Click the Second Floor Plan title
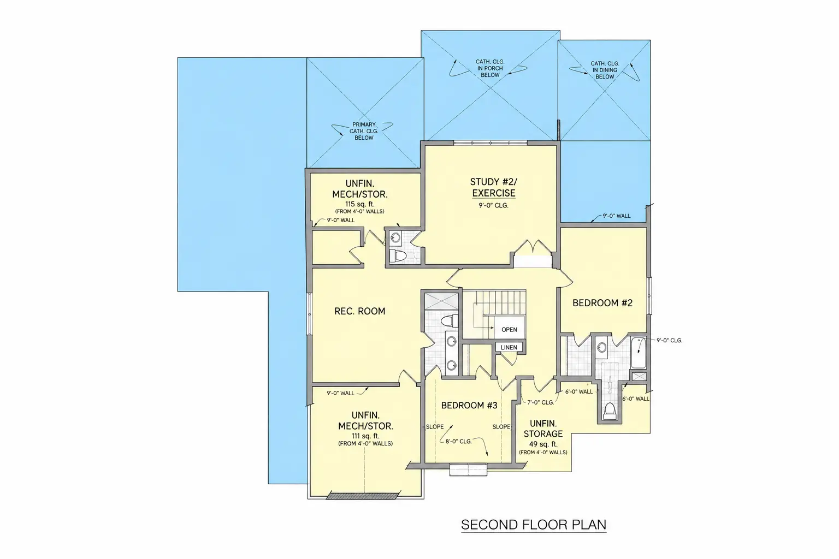[x=533, y=525]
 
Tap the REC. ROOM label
[x=359, y=311]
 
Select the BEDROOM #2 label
[x=602, y=303]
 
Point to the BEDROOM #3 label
[x=469, y=406]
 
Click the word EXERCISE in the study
[x=494, y=193]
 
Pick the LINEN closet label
[x=509, y=347]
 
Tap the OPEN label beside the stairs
[x=509, y=330]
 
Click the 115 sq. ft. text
[x=359, y=204]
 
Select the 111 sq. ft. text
[x=365, y=436]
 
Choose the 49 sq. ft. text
[x=543, y=444]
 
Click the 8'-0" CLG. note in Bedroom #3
[x=458, y=442]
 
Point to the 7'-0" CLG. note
[x=540, y=402]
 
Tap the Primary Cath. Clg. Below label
[x=364, y=131]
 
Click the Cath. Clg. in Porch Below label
[x=490, y=68]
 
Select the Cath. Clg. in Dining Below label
[x=605, y=70]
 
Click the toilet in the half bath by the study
[x=398, y=256]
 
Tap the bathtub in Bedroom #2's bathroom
[x=639, y=353]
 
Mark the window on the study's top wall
[x=491, y=142]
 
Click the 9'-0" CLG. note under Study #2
[x=493, y=206]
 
